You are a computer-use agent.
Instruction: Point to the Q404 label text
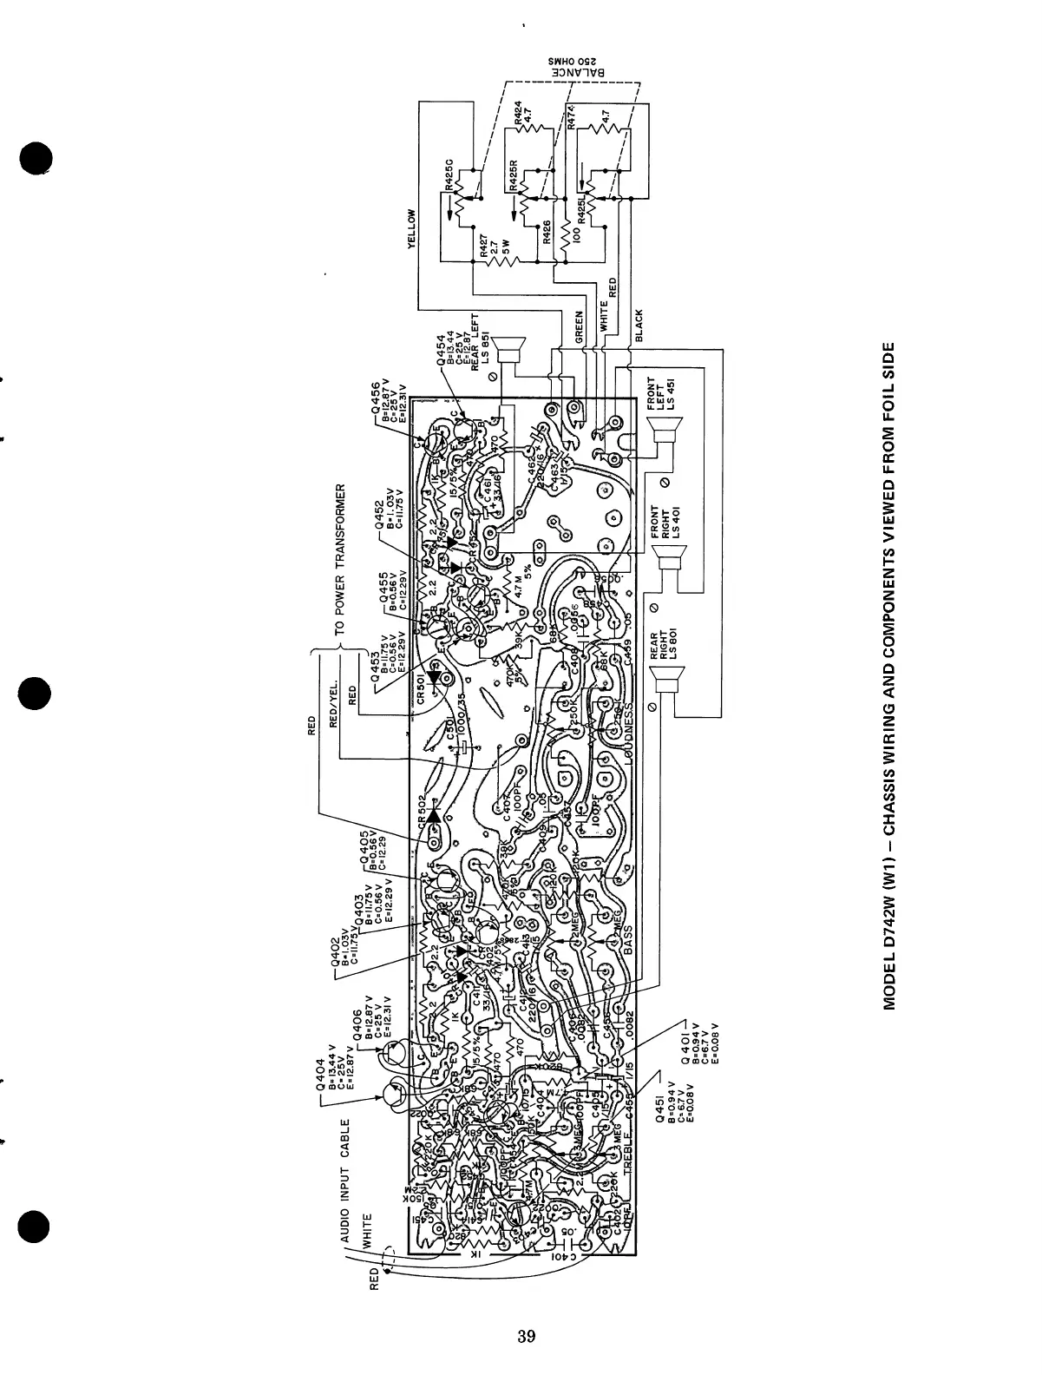(321, 1079)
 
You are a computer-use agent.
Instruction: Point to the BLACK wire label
(639, 326)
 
